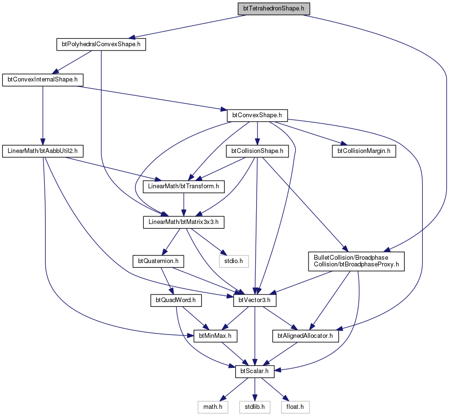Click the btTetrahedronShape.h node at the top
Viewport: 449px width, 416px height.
coord(273,9)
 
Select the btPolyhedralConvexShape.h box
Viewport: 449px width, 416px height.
coord(101,44)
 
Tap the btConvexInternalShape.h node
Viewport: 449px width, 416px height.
coord(43,80)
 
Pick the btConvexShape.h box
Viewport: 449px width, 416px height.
coord(257,115)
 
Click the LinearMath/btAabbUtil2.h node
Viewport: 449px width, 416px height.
coord(43,151)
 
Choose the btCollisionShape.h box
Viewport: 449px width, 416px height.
coord(258,151)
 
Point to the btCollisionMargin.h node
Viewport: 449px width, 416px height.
coord(364,151)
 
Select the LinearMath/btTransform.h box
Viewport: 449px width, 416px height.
coord(183,186)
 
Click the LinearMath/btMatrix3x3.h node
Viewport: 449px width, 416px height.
coord(183,222)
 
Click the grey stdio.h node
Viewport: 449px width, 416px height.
coord(234,261)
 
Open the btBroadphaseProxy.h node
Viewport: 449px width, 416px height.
coord(356,261)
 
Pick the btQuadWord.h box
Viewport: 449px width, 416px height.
coord(176,300)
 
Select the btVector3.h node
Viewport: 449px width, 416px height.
coord(255,300)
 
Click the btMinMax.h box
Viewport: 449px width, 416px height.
coord(215,336)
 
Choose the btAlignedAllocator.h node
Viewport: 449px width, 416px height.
coord(305,336)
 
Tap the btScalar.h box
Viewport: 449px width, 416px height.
coord(255,371)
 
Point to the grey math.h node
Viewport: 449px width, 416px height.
coord(213,407)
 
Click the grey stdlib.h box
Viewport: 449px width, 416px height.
coord(255,407)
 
